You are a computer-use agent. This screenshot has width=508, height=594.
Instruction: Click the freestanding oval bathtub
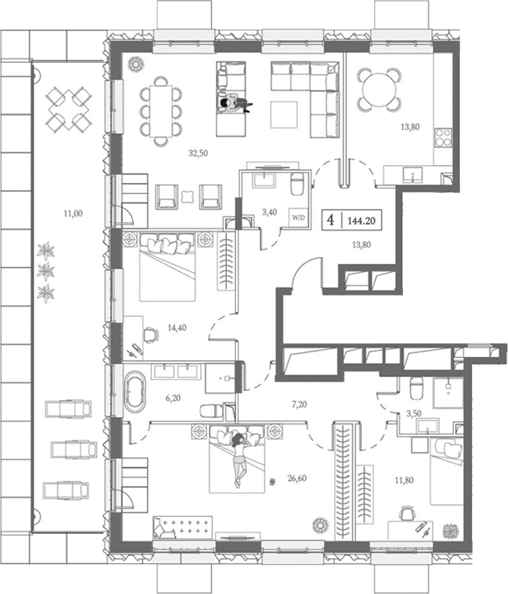point(135,392)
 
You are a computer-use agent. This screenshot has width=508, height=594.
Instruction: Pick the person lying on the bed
point(239,457)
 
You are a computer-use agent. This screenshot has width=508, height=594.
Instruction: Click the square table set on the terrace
point(68,109)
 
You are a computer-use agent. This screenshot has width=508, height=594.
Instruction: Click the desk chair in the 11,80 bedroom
point(406,514)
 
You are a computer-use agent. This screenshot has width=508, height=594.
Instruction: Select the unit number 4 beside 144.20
point(331,221)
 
